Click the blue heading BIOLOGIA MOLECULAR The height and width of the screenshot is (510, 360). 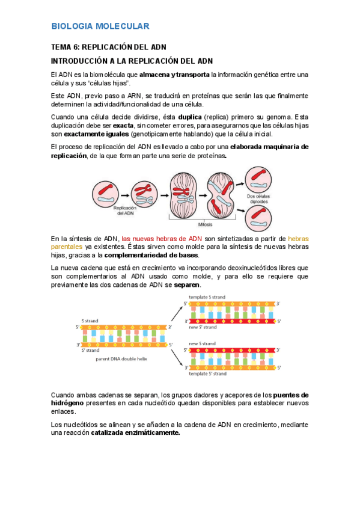click(100, 26)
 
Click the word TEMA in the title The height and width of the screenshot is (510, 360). click(61, 47)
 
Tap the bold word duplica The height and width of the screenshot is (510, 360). click(190, 117)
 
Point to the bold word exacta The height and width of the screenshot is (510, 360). click(123, 126)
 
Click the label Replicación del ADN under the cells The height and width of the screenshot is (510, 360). click(125, 210)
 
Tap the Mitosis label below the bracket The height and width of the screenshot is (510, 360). click(205, 224)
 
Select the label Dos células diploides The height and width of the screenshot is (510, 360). click(258, 198)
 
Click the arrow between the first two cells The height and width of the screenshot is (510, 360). click(125, 195)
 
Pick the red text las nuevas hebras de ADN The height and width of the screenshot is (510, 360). click(162, 239)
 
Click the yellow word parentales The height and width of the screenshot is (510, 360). click(67, 247)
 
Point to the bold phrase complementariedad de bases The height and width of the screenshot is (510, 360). click(151, 256)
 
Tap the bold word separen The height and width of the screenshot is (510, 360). click(187, 285)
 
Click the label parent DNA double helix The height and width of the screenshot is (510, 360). click(121, 359)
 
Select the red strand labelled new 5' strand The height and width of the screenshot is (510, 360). click(233, 321)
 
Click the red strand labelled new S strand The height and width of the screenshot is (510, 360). click(233, 350)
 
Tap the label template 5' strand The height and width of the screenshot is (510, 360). click(207, 373)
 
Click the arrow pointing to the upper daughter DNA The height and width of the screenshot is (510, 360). click(177, 313)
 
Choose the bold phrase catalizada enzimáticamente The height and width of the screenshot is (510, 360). click(135, 433)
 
